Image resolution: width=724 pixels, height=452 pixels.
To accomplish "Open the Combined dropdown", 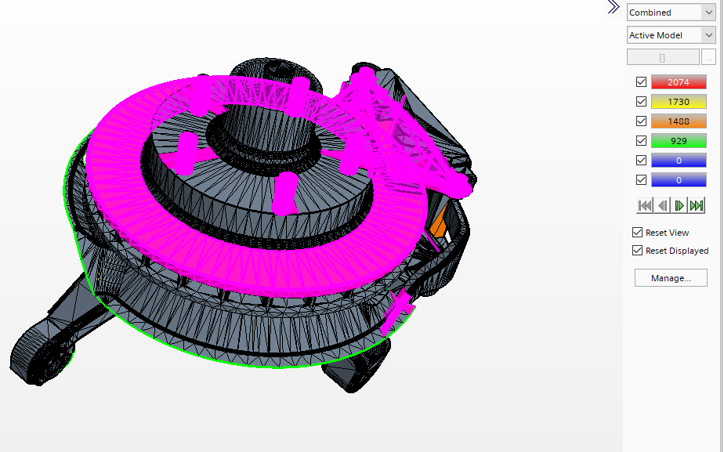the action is tap(671, 13).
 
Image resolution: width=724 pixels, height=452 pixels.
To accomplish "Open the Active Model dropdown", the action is tap(671, 35).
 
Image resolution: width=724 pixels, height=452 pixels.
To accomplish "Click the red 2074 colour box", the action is tap(679, 82).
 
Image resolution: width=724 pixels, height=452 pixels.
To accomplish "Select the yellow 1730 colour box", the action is tap(679, 102).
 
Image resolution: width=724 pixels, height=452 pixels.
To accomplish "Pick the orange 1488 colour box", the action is tap(679, 121).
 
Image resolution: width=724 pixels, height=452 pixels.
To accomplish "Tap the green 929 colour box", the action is tap(679, 141).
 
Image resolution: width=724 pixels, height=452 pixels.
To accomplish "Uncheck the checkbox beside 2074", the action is tap(641, 82).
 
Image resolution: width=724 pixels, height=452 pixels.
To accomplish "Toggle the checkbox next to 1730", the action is tap(641, 102).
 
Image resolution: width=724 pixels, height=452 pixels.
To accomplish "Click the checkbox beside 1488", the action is tap(641, 121).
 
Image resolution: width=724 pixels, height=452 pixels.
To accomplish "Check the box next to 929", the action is tap(641, 141).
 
